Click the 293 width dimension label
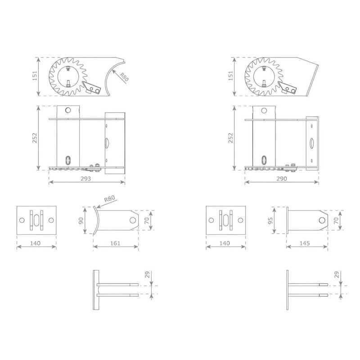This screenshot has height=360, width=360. [86, 178]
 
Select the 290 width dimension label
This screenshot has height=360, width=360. [282, 178]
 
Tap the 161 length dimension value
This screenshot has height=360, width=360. [115, 243]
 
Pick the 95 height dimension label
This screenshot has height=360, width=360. [270, 220]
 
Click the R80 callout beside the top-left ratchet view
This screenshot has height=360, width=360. [124, 77]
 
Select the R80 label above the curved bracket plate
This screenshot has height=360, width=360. [109, 198]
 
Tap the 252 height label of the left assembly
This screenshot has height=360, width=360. [35, 138]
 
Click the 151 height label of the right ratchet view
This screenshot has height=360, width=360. [230, 76]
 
